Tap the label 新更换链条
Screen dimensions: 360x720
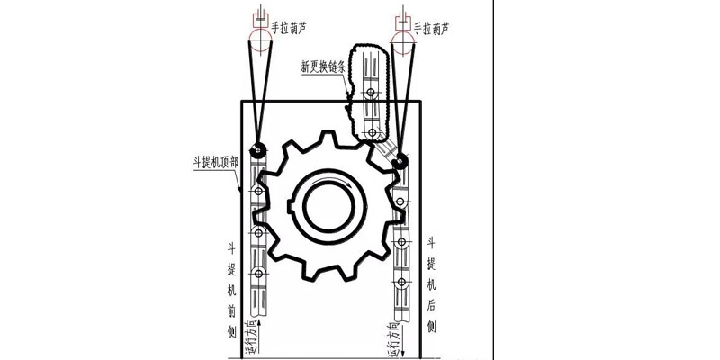coord(328,67)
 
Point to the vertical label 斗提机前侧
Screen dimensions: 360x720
coord(230,286)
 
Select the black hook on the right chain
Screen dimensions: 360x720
coord(400,161)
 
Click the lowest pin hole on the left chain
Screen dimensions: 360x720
coord(259,274)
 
